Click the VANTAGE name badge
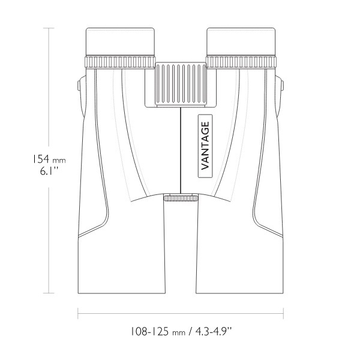205,146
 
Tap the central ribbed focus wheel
181,84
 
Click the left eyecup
120,41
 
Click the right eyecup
241,41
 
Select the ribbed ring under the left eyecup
120,62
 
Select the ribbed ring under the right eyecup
241,62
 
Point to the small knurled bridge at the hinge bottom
181,197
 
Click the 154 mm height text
49,159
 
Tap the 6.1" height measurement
49,171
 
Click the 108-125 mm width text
158,332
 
